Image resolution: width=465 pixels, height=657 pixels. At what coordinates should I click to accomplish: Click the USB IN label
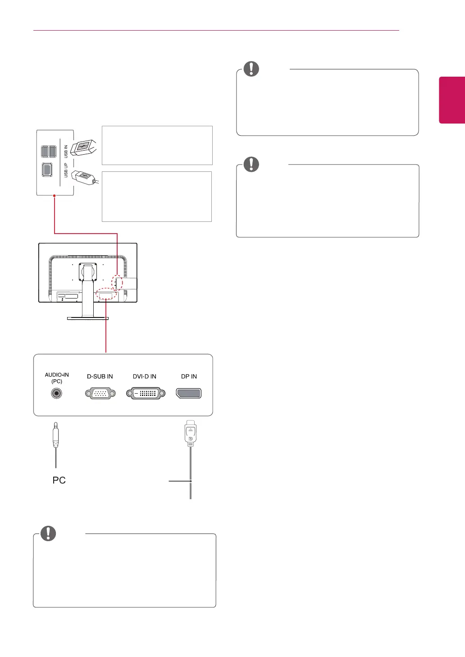(66, 151)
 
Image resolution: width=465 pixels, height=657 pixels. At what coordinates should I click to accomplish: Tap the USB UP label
(66, 170)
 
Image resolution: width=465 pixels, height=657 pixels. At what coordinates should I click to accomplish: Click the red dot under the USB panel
(54, 196)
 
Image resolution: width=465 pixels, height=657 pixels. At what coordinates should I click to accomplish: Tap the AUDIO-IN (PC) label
(57, 378)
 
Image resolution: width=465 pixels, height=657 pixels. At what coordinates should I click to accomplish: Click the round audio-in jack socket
(56, 393)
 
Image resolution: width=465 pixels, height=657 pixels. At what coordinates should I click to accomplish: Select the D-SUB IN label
(100, 377)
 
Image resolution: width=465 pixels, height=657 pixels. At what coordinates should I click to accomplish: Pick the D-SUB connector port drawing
(100, 394)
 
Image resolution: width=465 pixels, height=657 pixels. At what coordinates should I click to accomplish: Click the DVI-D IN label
(145, 377)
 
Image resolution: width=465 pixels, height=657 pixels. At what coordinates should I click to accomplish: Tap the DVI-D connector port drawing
(146, 394)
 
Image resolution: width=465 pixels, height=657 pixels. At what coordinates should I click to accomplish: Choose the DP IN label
(189, 377)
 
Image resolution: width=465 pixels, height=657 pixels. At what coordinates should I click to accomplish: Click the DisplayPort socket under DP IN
(189, 393)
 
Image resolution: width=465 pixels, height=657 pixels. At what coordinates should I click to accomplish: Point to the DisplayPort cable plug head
(191, 433)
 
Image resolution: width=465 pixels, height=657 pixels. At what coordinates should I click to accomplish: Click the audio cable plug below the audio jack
(55, 435)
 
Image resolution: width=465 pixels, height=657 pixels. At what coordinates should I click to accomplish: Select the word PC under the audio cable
(59, 480)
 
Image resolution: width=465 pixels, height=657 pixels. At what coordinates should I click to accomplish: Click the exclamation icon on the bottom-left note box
(48, 533)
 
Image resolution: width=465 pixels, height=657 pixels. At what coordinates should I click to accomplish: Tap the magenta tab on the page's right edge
(452, 100)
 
